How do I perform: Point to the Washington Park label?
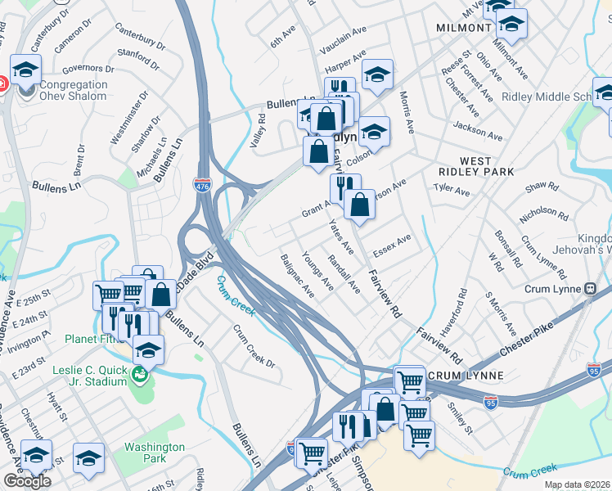point(155,453)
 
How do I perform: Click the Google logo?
point(27,481)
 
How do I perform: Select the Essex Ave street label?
point(391,245)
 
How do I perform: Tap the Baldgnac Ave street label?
point(297,275)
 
